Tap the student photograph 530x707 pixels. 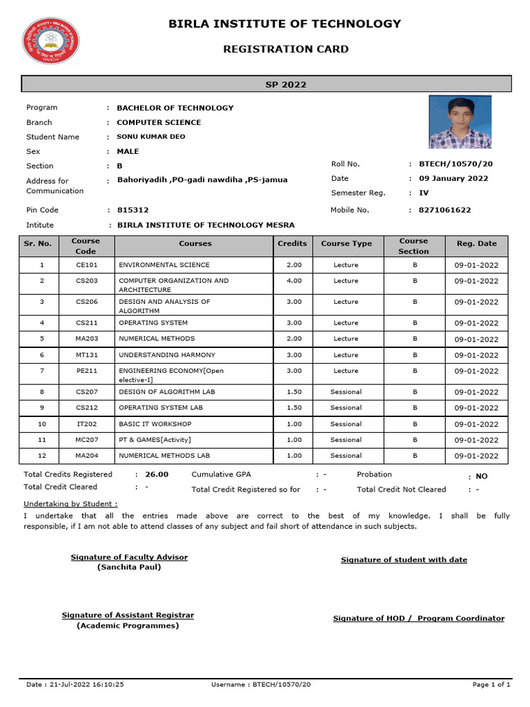[460, 122]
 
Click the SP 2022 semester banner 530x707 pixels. [266, 85]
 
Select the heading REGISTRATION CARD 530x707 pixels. [284, 49]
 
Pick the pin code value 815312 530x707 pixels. [132, 210]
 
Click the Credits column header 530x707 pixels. [292, 244]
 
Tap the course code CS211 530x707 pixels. [86, 323]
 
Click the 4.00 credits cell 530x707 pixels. [294, 281]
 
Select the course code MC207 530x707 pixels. [86, 440]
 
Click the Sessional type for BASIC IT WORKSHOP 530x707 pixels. [346, 424]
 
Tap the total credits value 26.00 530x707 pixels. [157, 474]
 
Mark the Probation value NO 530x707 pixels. [482, 476]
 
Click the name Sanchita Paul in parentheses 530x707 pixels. [129, 567]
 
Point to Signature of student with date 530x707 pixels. [404, 560]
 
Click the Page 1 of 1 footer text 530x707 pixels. [491, 684]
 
